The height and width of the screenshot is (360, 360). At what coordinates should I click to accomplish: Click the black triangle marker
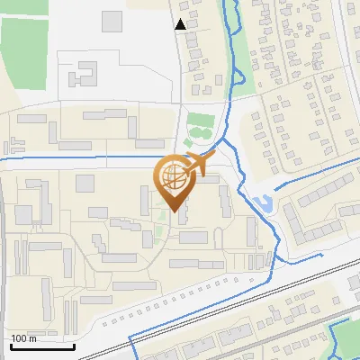(x=181, y=24)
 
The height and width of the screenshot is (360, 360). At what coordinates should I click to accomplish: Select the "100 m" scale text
(x=23, y=338)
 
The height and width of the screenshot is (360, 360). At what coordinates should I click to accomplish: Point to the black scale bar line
(x=42, y=346)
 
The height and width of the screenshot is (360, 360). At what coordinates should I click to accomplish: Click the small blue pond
(x=262, y=203)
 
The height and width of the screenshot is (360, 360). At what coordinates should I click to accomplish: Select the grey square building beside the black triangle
(x=112, y=20)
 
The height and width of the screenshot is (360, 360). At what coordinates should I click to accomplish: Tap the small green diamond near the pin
(x=188, y=142)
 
